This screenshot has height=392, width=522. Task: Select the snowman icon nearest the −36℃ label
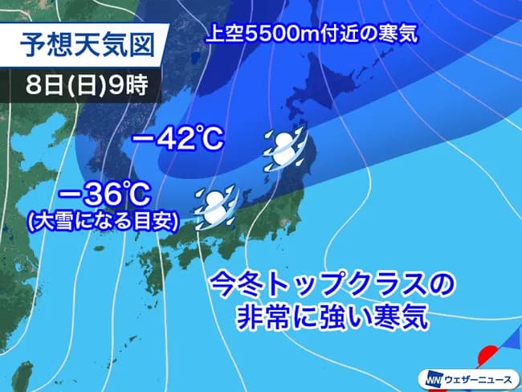(x=215, y=206)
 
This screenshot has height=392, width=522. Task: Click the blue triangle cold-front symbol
(x=510, y=345)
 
